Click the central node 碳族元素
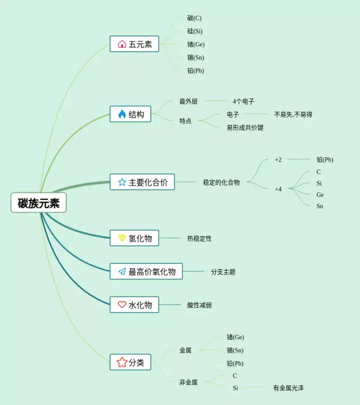pyautogui.click(x=39, y=202)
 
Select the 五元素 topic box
pyautogui.click(x=134, y=44)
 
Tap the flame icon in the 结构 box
pyautogui.click(x=122, y=114)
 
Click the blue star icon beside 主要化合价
pyautogui.click(x=122, y=182)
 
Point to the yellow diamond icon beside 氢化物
pyautogui.click(x=122, y=238)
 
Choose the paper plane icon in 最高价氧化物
pyautogui.click(x=122, y=272)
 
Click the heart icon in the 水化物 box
pyautogui.click(x=122, y=305)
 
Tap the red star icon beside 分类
pyautogui.click(x=122, y=362)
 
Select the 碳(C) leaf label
pyautogui.click(x=195, y=18)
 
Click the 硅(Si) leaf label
pyautogui.click(x=195, y=31)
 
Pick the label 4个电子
pyautogui.click(x=244, y=101)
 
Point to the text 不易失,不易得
pyautogui.click(x=293, y=114)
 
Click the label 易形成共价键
pyautogui.click(x=245, y=128)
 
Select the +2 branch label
pyautogui.click(x=278, y=159)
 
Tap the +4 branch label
pyautogui.click(x=278, y=188)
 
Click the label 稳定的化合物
pyautogui.click(x=222, y=182)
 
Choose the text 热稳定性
pyautogui.click(x=200, y=238)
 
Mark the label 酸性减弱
pyautogui.click(x=200, y=305)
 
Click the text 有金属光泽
pyautogui.click(x=289, y=388)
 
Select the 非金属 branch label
pyautogui.click(x=188, y=382)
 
